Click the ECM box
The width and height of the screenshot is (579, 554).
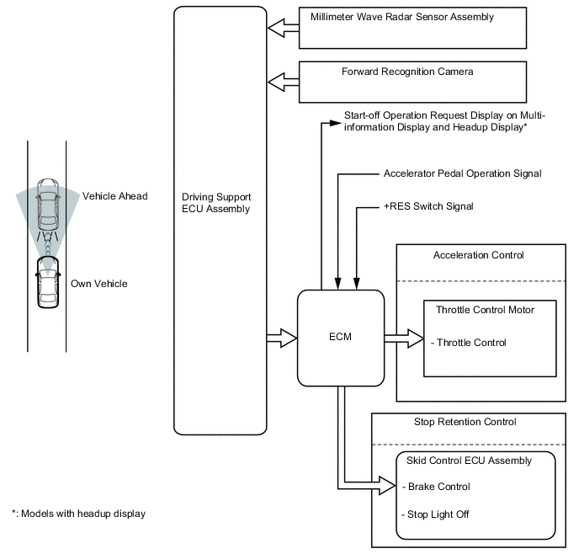pos(341,338)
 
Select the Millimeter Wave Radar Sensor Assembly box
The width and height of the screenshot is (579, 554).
pos(413,29)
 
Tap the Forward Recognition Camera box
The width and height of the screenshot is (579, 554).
pos(413,82)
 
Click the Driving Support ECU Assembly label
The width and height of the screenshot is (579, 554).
pos(216,203)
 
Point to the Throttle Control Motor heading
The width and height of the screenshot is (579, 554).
pos(485,310)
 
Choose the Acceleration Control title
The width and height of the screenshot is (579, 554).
pos(478,255)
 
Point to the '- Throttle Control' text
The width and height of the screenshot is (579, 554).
pos(468,343)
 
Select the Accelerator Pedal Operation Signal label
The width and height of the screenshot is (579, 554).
pos(462,173)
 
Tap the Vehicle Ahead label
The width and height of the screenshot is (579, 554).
pos(114,196)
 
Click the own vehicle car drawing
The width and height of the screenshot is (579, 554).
pos(47,283)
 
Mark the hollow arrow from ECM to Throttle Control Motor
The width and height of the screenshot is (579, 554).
pos(403,338)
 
